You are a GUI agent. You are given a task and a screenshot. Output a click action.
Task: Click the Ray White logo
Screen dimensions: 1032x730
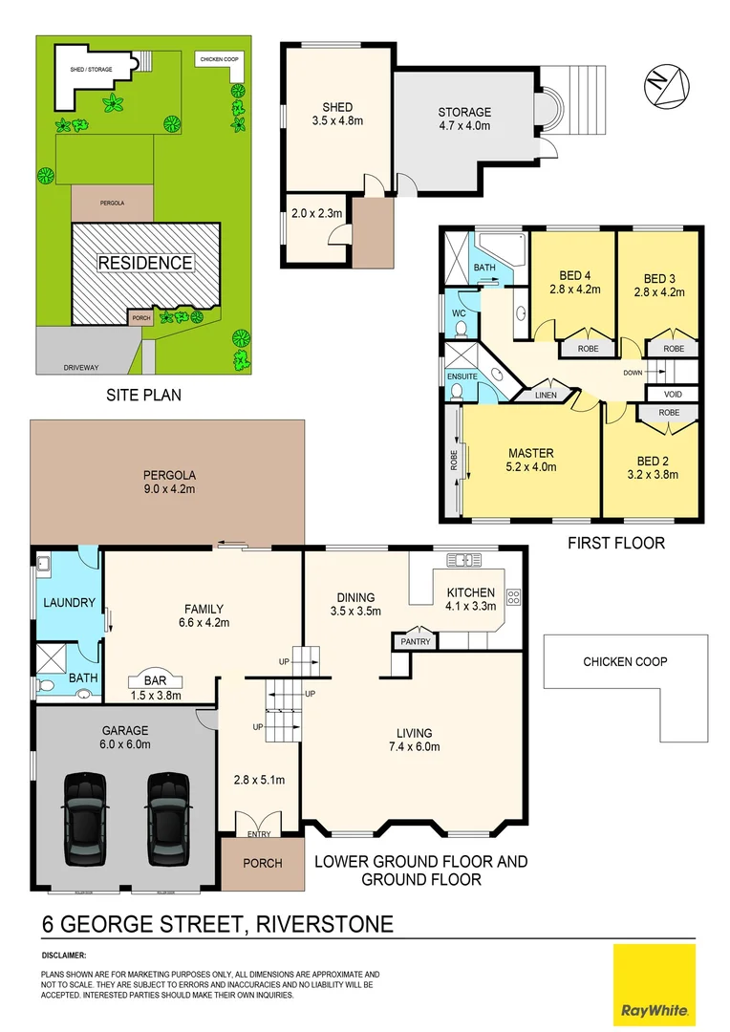655,985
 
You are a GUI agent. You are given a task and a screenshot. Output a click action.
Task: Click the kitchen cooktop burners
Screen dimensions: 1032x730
513,598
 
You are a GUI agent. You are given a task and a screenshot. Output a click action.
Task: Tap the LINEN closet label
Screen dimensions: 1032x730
546,394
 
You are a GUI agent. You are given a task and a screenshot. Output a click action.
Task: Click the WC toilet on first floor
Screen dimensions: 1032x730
460,330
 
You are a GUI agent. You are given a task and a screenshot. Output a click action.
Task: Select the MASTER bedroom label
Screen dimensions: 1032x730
530,453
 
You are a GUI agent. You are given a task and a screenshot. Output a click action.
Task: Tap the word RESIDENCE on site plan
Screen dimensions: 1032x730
144,263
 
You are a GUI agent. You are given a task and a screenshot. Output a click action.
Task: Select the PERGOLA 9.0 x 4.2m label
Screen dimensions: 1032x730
168,482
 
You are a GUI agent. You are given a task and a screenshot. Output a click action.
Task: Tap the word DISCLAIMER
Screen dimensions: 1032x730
64,955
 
